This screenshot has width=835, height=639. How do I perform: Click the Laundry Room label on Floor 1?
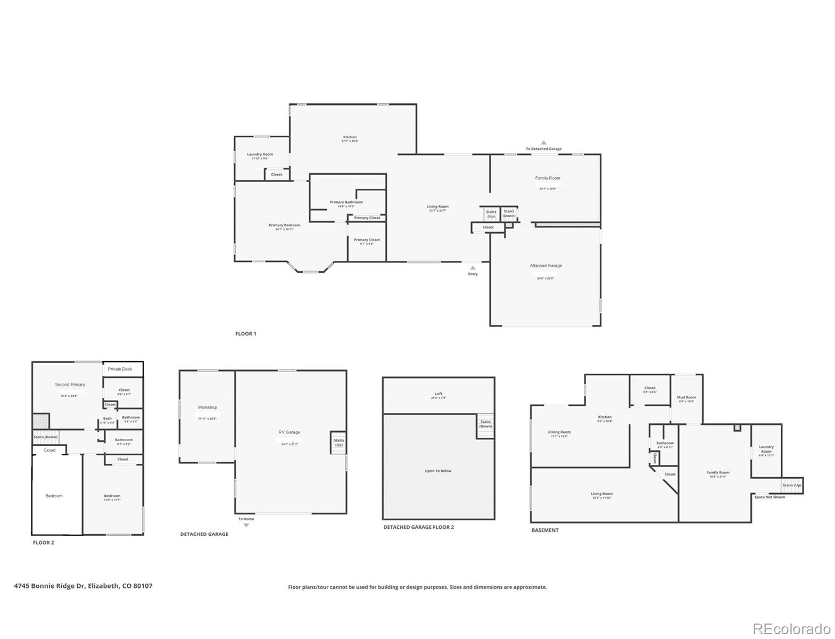260,154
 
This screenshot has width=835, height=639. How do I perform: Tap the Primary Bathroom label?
346,202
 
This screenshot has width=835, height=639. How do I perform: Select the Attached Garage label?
545,266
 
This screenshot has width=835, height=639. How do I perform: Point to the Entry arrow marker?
473,268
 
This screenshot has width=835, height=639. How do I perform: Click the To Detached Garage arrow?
543,143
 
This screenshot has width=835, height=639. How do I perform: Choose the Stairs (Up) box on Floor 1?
491,214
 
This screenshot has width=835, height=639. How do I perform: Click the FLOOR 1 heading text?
245,334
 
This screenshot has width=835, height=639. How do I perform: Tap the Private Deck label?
120,369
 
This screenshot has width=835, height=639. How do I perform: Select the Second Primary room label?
70,384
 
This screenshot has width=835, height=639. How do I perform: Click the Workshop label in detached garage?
207,407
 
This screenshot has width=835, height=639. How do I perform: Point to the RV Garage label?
289,432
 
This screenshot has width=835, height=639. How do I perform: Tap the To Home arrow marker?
246,525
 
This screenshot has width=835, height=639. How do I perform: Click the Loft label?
439,394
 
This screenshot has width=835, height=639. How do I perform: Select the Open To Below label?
438,471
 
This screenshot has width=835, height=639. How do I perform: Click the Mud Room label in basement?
687,397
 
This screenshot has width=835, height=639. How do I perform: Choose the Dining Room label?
559,432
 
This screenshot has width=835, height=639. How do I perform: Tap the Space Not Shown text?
770,497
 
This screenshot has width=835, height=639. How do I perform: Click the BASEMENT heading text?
545,530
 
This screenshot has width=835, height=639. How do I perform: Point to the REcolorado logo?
791,629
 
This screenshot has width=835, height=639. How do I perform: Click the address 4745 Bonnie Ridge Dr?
83,586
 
